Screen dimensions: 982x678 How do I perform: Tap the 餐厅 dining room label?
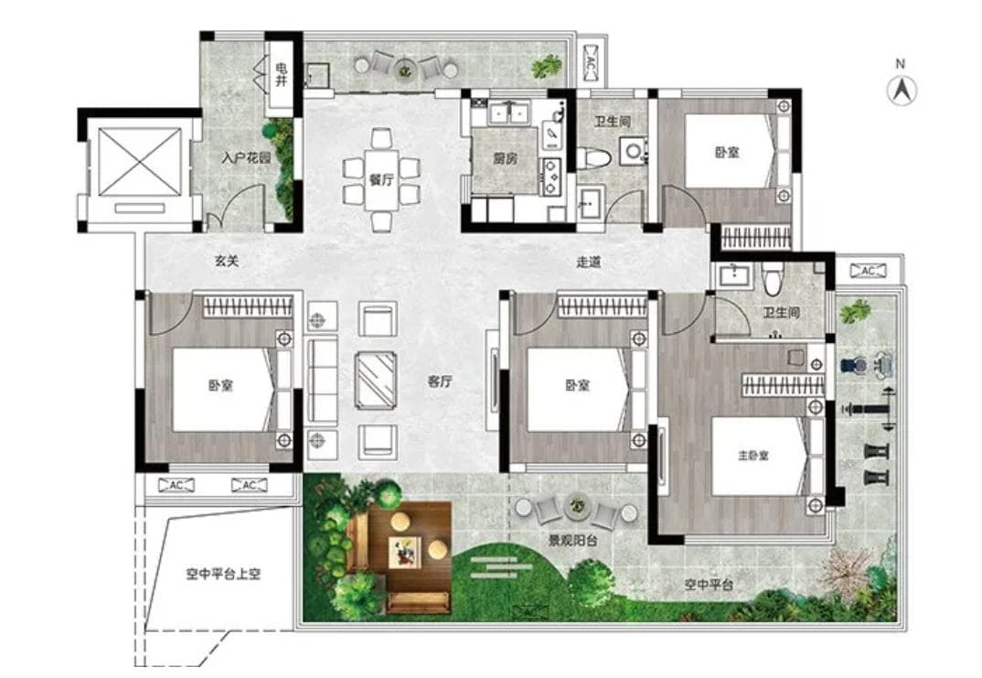[x=380, y=179]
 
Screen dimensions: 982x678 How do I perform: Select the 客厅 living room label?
[x=440, y=381]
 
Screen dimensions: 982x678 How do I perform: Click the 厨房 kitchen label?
[x=506, y=158]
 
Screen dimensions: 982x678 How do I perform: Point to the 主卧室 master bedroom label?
[x=753, y=456]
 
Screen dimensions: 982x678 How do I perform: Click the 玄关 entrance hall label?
[x=227, y=261]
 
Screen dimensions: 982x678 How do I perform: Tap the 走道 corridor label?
[x=588, y=262]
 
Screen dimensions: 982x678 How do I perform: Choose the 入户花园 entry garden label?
[x=246, y=157]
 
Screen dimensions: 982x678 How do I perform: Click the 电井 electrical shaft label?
[x=282, y=74]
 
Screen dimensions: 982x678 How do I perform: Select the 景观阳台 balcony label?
[x=572, y=540]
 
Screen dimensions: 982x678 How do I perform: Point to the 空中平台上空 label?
[x=223, y=574]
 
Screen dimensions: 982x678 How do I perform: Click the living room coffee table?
[x=376, y=381]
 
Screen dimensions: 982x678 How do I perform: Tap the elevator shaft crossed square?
[x=140, y=162]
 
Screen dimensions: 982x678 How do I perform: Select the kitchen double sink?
[x=508, y=113]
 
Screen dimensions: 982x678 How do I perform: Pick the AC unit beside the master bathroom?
[x=868, y=271]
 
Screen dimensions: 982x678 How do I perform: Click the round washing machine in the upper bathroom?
[x=634, y=151]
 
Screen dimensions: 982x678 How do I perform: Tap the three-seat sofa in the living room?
[x=322, y=381]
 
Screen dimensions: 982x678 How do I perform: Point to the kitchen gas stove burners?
[x=552, y=177]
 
